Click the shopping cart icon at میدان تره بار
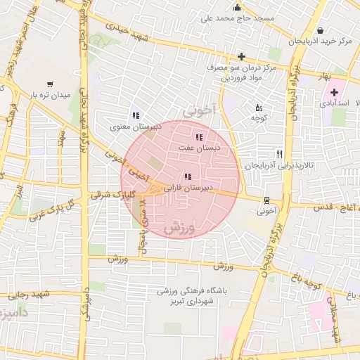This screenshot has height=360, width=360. tap(50, 84)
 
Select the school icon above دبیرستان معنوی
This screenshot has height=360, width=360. tap(136, 116)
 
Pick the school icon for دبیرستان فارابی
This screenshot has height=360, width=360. tap(187, 177)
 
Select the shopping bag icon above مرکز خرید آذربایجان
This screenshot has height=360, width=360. tap(321, 31)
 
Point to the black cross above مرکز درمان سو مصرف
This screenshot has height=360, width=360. tap(241, 56)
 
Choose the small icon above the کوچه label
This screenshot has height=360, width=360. tap(257, 108)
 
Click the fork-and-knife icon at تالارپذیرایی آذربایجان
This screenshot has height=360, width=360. tap(279, 154)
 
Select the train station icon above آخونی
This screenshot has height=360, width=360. tap(266, 200)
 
